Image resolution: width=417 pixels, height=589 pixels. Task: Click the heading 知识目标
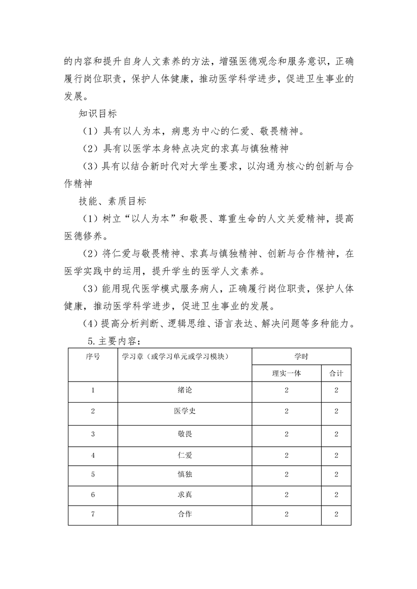97,113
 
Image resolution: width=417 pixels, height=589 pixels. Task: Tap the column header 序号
93,356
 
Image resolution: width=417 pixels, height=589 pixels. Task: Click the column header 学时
301,356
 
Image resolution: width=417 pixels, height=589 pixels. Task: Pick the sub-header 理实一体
286,373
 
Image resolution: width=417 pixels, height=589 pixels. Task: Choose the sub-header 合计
336,373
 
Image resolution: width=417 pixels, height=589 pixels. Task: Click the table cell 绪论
185,390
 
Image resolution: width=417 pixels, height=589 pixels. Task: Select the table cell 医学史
185,411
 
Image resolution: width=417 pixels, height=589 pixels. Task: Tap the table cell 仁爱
185,455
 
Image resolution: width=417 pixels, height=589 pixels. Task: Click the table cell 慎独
185,475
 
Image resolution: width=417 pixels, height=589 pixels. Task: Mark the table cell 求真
185,495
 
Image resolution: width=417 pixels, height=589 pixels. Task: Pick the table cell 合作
185,514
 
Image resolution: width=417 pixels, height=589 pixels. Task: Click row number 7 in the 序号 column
93,514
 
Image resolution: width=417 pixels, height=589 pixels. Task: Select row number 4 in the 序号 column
93,455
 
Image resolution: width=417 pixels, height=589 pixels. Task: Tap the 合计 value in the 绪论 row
336,390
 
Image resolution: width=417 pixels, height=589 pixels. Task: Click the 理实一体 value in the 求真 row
286,495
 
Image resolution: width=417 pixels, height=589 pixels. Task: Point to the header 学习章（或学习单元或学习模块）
178,356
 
